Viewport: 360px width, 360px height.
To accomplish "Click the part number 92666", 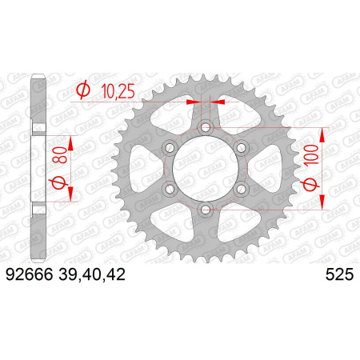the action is [x=30, y=274].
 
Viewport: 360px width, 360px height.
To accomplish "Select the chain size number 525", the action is [x=339, y=274].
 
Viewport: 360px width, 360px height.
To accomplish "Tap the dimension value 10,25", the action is [x=118, y=92].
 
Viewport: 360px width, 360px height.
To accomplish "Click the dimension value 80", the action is [x=59, y=155].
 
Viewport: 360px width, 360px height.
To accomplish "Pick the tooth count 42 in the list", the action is [x=115, y=274].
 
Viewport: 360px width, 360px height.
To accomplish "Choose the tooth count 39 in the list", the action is [x=67, y=274].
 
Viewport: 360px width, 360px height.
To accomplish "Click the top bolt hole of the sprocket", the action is [x=206, y=126].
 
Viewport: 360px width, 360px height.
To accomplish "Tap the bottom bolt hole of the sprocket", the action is [x=206, y=210].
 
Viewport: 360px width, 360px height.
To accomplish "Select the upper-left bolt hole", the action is [x=170, y=147].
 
